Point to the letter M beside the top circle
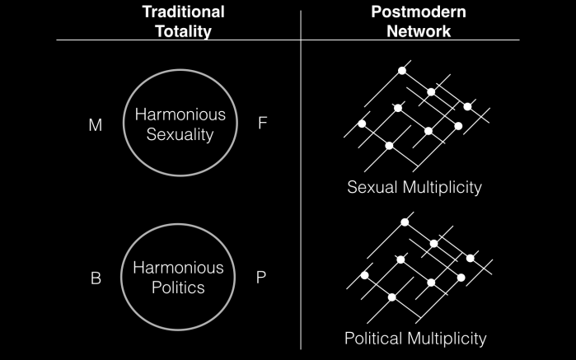point(96,125)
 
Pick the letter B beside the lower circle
point(96,278)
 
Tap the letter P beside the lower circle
point(261,278)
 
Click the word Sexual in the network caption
point(372,187)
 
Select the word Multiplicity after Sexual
point(442,187)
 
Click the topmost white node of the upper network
point(402,71)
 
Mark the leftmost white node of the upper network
point(361,124)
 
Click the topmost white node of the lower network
point(405,222)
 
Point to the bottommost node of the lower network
point(392,297)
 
